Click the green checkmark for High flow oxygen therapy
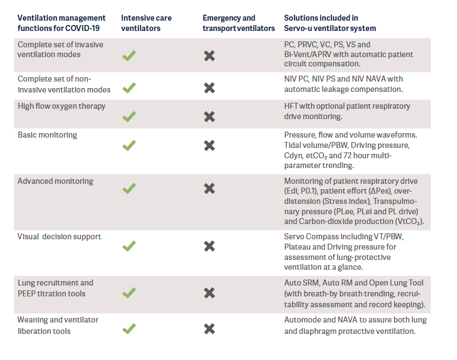129,116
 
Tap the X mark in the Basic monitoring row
209,145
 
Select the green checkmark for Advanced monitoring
129,189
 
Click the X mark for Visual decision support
209,246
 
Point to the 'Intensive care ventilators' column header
146,23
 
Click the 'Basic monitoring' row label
47,135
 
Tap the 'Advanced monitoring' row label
55,181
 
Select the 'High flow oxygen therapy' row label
61,106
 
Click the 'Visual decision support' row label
59,237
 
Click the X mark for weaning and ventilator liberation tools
209,328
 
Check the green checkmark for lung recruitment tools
129,293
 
